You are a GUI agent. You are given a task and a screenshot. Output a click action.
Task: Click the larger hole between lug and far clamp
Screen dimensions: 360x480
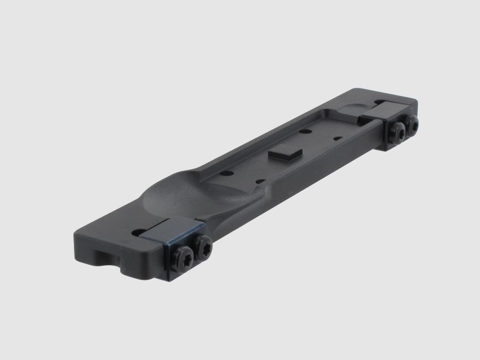tap(305, 131)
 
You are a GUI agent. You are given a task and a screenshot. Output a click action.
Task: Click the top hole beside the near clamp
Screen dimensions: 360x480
tap(138, 231)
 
